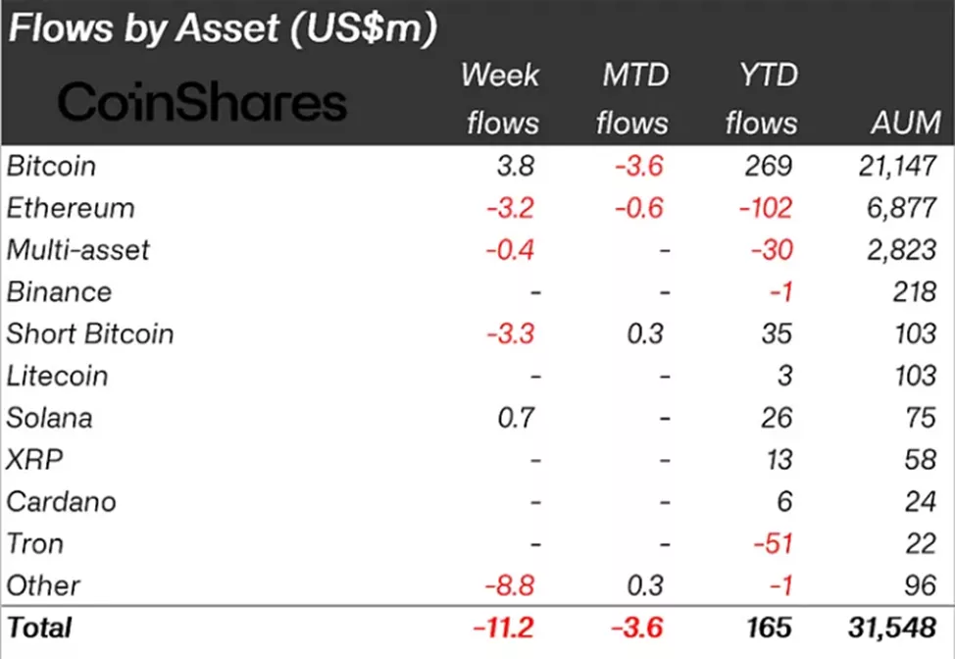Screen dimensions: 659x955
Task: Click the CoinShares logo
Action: tap(202, 102)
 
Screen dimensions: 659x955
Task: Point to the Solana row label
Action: tap(49, 418)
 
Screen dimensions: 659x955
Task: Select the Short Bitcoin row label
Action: tap(90, 333)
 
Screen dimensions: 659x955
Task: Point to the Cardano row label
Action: tap(61, 501)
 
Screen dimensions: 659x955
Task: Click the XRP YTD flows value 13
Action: tap(776, 460)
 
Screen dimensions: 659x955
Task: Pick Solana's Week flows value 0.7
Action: tap(516, 418)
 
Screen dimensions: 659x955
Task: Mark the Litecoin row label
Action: tap(57, 376)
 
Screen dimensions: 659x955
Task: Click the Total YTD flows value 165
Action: tap(769, 626)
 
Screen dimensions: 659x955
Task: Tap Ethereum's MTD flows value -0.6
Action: tap(638, 208)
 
